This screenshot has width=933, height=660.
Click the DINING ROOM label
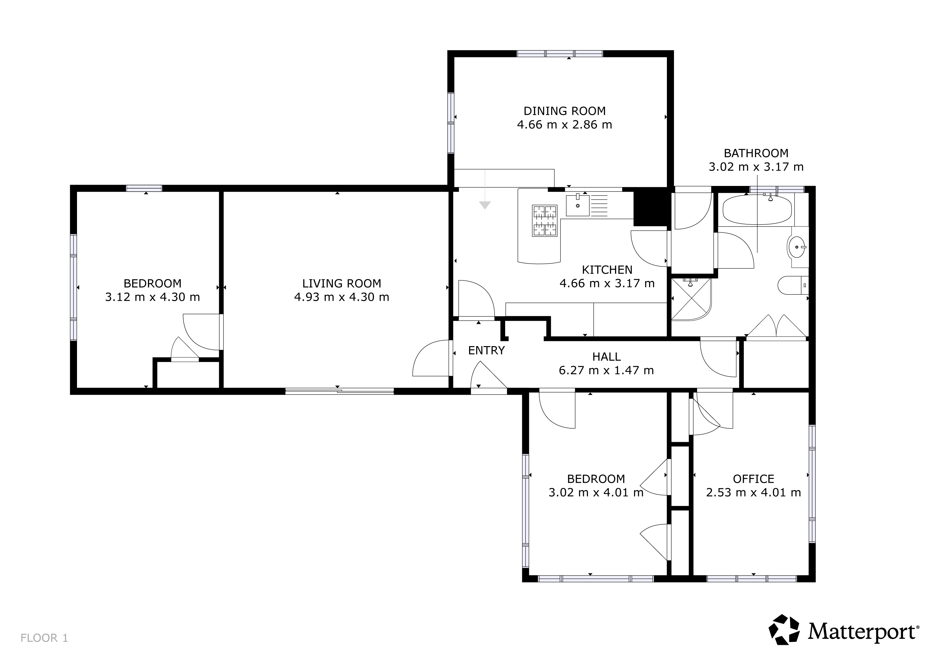click(564, 111)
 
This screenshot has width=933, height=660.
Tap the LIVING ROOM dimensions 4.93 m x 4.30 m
click(342, 297)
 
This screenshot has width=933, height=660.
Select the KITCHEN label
click(607, 270)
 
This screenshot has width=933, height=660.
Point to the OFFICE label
click(753, 479)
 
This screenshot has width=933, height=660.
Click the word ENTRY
click(486, 350)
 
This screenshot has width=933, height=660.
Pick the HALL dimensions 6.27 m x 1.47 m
click(606, 370)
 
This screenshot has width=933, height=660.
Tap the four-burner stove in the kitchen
click(544, 221)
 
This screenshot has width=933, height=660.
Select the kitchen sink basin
click(577, 205)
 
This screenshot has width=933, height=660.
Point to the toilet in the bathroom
click(793, 286)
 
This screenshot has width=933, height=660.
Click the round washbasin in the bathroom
click(797, 247)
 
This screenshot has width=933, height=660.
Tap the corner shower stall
click(691, 299)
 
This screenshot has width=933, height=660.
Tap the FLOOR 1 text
click(44, 638)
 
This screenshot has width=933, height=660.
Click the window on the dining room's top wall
click(560, 53)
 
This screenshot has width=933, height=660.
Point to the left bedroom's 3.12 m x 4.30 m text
click(152, 297)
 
